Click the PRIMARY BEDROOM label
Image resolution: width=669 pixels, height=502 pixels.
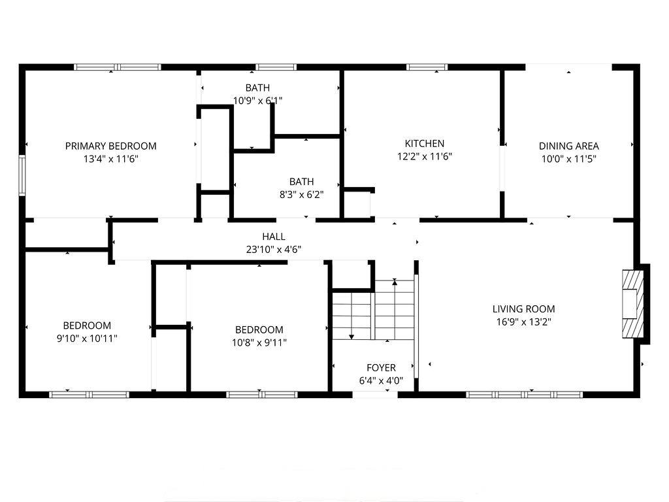click(110, 146)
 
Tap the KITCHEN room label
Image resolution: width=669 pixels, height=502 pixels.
click(425, 143)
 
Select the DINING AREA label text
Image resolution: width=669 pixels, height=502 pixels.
click(569, 146)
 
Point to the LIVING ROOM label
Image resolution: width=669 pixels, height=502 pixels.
click(523, 309)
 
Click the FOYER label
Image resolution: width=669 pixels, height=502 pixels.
click(381, 367)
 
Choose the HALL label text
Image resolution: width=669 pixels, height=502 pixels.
click(274, 237)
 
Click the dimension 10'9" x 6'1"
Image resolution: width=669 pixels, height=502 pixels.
click(257, 101)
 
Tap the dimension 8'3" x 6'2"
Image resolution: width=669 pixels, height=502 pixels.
click(301, 195)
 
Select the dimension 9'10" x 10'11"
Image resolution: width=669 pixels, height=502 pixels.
click(87, 339)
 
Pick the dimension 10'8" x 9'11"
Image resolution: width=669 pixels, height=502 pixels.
click(259, 343)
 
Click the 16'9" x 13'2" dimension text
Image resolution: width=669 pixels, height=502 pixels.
click(523, 322)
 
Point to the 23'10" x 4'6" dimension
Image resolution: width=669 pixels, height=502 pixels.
click(274, 249)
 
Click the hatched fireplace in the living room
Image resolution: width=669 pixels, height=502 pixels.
click(632, 304)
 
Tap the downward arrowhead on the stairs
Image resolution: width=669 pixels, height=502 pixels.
click(351, 337)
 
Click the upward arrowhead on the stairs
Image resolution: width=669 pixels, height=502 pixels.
click(395, 282)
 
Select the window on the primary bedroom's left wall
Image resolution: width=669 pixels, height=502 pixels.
click(22, 175)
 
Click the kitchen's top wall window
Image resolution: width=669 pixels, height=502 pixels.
click(427, 67)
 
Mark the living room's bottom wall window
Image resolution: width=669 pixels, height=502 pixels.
click(525, 395)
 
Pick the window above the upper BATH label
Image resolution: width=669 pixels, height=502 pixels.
click(276, 67)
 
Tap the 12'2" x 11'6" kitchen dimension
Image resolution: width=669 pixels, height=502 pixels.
click(425, 157)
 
